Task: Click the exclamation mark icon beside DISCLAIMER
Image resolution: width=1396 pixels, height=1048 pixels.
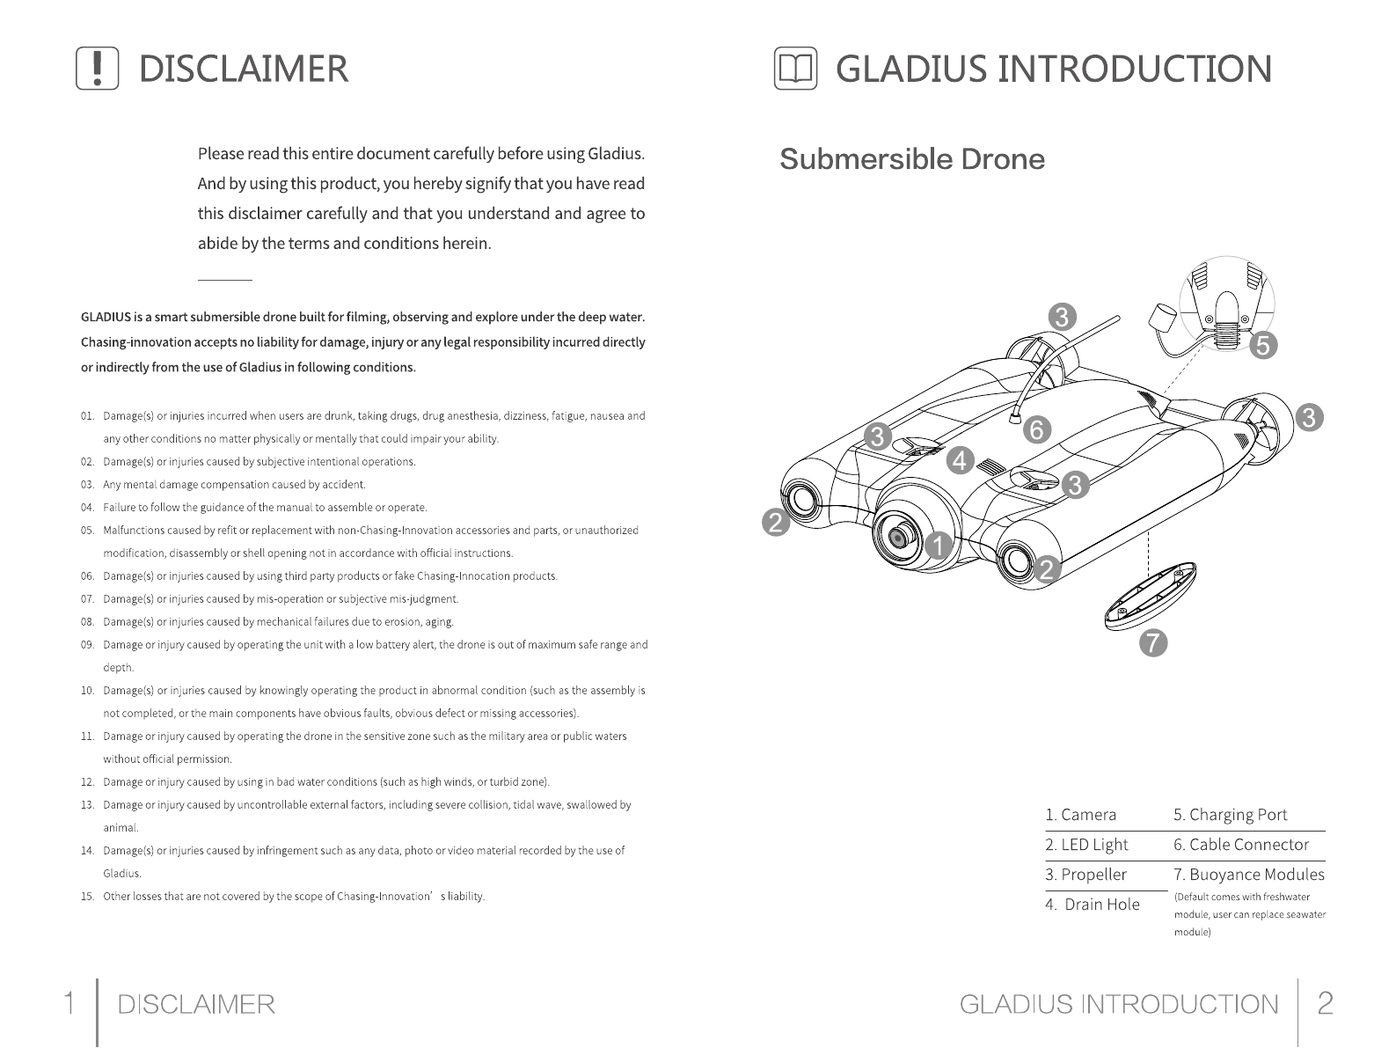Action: coord(98,69)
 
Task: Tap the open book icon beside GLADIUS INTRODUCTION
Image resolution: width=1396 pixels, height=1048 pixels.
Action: coord(795,70)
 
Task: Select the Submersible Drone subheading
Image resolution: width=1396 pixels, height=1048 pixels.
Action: coord(912,160)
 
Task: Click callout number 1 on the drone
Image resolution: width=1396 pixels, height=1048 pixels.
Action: coord(939,546)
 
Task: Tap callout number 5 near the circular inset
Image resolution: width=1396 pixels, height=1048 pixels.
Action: coord(1263,346)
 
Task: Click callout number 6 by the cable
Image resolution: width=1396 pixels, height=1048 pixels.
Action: coord(1037,430)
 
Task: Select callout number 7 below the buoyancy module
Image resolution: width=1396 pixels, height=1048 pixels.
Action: coord(1153,643)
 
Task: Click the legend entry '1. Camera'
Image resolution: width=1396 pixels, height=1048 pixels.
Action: coord(1080,815)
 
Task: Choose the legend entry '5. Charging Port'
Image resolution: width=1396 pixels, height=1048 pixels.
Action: coord(1230,815)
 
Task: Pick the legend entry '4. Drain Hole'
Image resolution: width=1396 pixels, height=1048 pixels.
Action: coord(1093,905)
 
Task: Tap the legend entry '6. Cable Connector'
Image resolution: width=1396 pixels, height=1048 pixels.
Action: coord(1240,845)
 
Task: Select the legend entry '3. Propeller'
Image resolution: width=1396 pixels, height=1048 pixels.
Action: coord(1085,875)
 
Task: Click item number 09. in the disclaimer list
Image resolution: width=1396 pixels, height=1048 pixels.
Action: coord(87,645)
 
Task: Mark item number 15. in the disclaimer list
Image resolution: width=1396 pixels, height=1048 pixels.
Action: coord(87,897)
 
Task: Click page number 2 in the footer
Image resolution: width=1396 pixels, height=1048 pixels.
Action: coord(1325,1003)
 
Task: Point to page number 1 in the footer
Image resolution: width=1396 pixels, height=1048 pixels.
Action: coord(69,1003)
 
